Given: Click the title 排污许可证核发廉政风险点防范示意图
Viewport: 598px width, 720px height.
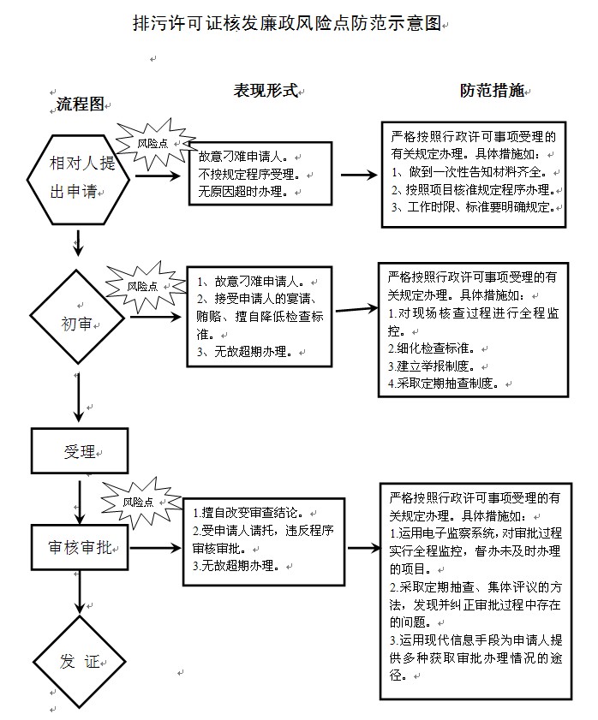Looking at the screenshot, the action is click(x=287, y=23).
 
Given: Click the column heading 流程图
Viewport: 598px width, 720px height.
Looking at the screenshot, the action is click(x=81, y=104).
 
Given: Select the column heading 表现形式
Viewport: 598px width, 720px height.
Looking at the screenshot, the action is click(x=266, y=91).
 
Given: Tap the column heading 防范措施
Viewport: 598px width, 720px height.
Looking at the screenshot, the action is click(x=493, y=91).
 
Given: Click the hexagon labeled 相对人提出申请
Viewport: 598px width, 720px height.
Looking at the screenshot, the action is click(x=78, y=180).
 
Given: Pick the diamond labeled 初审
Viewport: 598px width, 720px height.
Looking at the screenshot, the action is click(x=77, y=317).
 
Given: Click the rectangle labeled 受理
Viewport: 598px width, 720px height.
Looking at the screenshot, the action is click(x=80, y=451).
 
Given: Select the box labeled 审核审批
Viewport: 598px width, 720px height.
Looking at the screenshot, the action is click(x=80, y=547).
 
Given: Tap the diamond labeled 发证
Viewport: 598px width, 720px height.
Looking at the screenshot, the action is click(x=79, y=662).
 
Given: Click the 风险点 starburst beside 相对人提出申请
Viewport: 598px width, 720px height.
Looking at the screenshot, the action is click(x=153, y=143).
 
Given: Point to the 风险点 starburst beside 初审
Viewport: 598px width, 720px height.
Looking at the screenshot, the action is click(x=143, y=287).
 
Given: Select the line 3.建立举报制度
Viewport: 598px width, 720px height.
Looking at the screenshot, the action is click(x=431, y=366).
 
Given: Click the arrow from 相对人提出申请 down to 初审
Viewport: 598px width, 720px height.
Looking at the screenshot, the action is click(x=79, y=242).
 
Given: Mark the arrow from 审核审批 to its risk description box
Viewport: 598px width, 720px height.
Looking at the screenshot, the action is click(x=155, y=547).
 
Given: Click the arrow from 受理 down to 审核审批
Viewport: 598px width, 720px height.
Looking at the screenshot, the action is click(x=80, y=502).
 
